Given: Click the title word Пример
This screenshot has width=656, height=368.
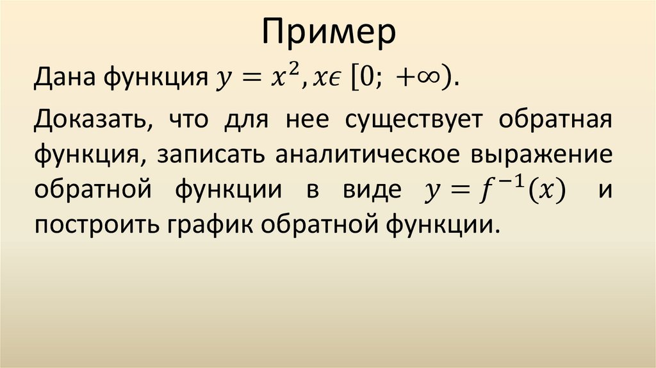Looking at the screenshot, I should [328, 34].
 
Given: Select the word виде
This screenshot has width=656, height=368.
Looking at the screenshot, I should [365, 190].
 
